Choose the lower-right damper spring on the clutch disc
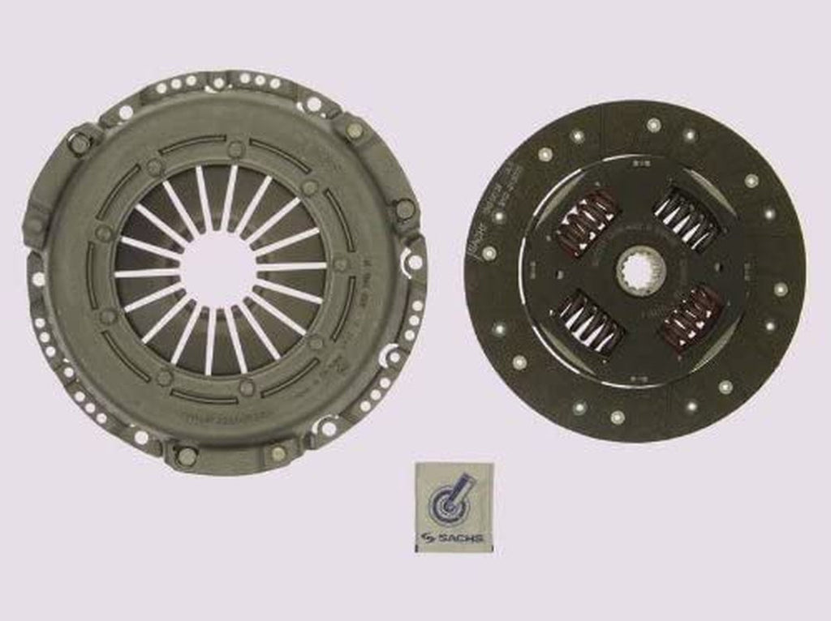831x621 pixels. pos(692,318)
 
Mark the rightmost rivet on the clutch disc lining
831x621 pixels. pos(781,289)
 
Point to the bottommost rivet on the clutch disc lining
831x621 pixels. pos(617,417)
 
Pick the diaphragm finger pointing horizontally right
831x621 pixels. pos(292,267)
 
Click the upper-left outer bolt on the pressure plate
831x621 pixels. pos(80,144)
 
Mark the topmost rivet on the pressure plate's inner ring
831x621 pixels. pos(235,148)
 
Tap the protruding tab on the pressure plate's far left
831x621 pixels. pos(33,223)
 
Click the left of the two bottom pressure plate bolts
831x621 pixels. pos(186,456)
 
